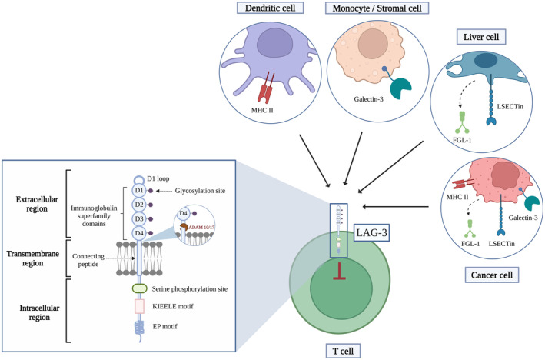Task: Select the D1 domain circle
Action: coord(139,189)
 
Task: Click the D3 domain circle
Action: coord(139,218)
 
